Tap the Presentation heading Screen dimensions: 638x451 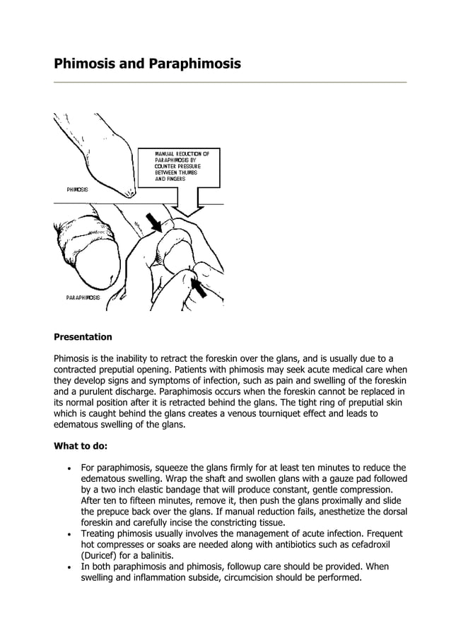[83, 337]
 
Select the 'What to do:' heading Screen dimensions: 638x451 [81, 446]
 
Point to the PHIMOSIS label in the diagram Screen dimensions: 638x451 [78, 189]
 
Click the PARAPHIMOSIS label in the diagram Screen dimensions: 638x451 [83, 297]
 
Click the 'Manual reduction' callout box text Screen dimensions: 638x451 [177, 166]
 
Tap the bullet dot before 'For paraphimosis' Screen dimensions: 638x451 [67, 468]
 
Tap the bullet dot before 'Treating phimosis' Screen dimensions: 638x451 [67, 535]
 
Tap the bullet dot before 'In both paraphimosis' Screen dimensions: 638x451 [67, 567]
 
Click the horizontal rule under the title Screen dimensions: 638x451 [230, 83]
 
